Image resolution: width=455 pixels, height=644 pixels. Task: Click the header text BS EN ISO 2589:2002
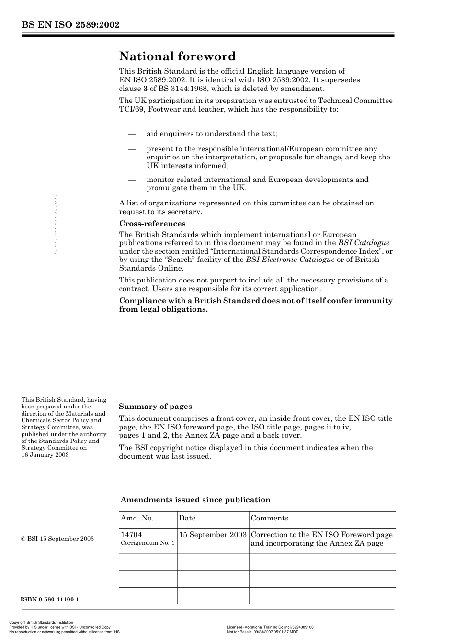tap(70, 25)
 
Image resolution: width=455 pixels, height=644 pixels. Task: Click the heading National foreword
tap(177, 56)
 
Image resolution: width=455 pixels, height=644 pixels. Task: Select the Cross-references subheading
tap(152, 224)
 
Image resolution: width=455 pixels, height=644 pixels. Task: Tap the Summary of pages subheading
tap(155, 407)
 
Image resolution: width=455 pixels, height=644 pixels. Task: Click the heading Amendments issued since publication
tap(195, 500)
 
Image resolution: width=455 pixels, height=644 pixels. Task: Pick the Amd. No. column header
tap(137, 518)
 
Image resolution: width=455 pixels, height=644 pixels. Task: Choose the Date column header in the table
tap(187, 518)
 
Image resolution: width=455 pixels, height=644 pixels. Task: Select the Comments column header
tap(270, 518)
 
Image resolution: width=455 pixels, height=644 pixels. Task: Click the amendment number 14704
tap(131, 535)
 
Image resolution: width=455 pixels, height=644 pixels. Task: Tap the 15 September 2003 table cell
tap(213, 535)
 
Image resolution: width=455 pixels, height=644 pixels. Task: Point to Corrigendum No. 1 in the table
tap(148, 543)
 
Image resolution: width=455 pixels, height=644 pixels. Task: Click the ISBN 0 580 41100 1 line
tap(50, 599)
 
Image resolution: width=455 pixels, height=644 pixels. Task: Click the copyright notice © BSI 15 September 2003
tap(57, 539)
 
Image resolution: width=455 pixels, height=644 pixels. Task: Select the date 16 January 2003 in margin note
tap(45, 455)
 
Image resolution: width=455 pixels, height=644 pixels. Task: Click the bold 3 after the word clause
tap(145, 89)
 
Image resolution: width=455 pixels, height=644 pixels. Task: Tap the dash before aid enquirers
tap(132, 134)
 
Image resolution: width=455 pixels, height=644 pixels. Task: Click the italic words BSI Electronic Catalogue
tap(290, 260)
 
